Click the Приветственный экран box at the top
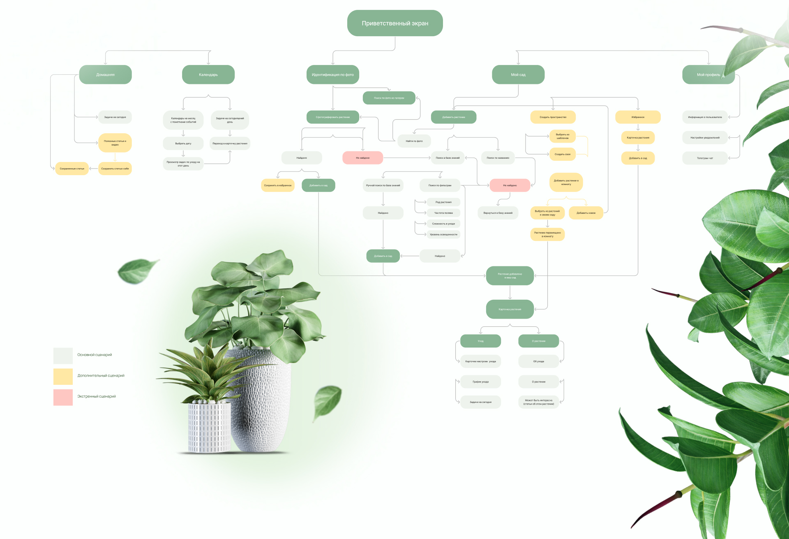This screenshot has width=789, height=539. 394,23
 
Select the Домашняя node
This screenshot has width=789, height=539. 105,74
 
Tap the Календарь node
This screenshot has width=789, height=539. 208,74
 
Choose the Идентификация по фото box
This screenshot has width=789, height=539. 332,74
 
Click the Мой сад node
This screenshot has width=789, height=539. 518,74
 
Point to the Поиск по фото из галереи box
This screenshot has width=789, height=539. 389,98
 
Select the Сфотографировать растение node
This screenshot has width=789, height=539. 332,117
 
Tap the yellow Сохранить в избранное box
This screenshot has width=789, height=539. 277,185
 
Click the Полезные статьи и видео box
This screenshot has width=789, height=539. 115,143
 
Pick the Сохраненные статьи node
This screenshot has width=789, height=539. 72,169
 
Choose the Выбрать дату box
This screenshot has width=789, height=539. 183,143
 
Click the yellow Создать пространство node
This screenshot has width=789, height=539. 553,117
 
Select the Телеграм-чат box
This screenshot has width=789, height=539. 705,158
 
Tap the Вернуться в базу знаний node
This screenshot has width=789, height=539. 498,213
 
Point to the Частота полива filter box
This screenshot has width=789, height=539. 443,213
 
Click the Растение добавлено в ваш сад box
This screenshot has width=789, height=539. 510,275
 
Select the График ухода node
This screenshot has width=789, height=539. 480,382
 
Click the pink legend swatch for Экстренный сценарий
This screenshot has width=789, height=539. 63,397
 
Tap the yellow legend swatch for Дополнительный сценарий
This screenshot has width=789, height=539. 63,376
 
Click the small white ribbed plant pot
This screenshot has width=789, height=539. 209,428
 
